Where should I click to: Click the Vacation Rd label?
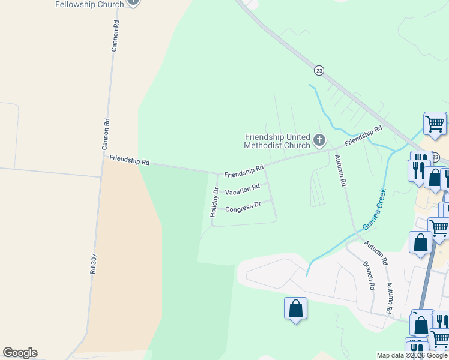coord(243,189)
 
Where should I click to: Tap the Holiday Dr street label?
coord(214,202)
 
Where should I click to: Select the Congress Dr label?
coord(243,206)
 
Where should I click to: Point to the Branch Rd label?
coord(369,275)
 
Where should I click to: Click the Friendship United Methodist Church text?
coord(277,141)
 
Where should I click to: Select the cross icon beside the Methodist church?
coord(319,141)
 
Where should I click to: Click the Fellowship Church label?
coord(89,4)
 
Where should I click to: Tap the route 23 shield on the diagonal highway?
coord(319,70)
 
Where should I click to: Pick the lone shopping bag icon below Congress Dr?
coord(295,309)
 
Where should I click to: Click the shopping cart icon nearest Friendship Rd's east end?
coord(435,124)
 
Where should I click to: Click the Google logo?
coord(20,353)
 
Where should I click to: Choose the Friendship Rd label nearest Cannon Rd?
coord(129,161)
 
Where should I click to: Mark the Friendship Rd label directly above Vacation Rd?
coord(244,172)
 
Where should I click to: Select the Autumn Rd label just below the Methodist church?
coord(340,170)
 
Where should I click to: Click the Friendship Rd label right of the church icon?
coord(363,137)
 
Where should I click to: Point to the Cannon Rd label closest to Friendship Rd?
coord(106,134)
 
